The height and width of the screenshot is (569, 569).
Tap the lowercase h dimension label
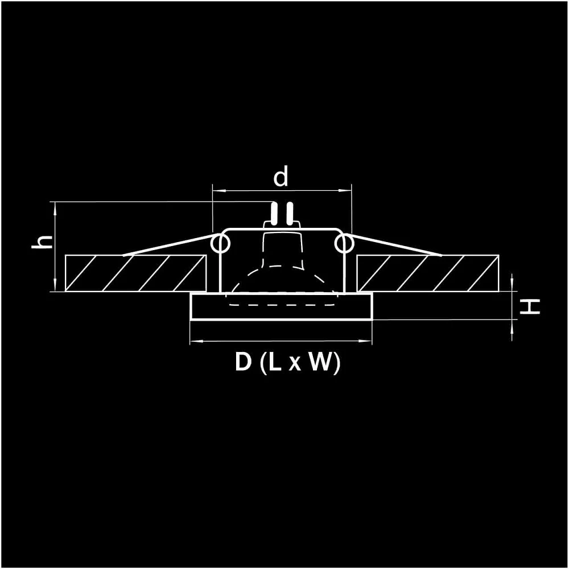click(x=43, y=242)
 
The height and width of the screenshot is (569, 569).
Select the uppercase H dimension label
click(x=530, y=306)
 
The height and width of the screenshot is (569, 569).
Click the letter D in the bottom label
click(x=243, y=362)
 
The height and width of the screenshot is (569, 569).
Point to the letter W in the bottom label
click(x=320, y=362)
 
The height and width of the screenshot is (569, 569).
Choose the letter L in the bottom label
click(x=275, y=362)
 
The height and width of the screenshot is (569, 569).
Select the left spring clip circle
click(x=220, y=243)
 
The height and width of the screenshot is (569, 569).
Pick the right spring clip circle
click(x=344, y=243)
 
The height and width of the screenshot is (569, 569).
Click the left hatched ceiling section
click(x=136, y=273)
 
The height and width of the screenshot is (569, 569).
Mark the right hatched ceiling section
click(x=428, y=273)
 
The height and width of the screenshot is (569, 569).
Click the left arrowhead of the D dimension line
click(x=196, y=341)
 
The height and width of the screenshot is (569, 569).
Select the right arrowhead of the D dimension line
click(x=366, y=341)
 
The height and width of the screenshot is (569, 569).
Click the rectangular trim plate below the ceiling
click(x=281, y=306)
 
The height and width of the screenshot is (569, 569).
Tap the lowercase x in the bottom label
click(x=295, y=364)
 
